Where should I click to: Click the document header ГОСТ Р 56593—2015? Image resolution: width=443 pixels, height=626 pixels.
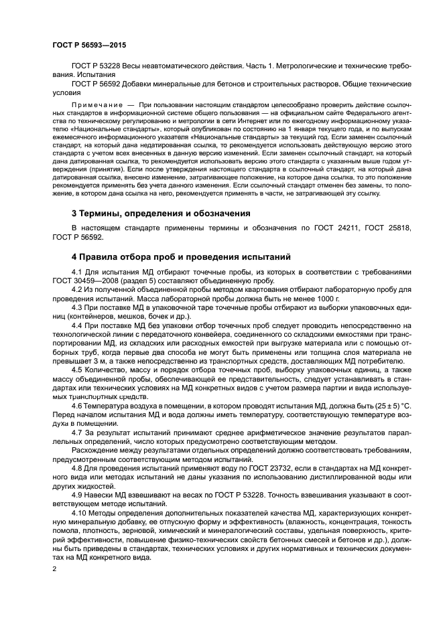(89, 45)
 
